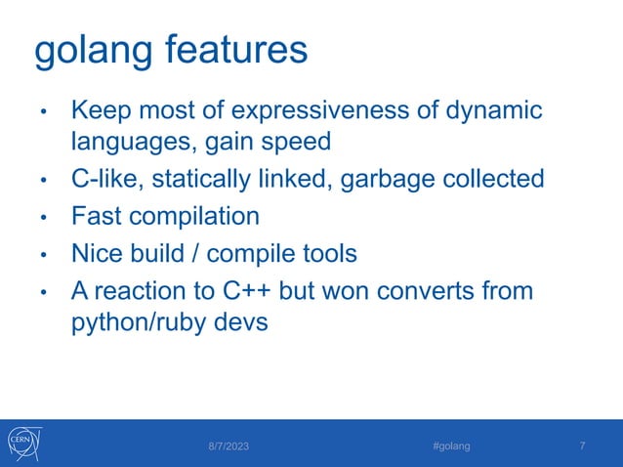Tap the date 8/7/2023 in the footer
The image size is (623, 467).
(228, 446)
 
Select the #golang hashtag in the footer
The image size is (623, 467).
(451, 446)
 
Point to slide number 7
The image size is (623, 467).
(583, 446)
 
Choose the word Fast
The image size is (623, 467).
(98, 216)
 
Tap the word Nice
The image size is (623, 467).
(99, 253)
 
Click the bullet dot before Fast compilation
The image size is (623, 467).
(43, 218)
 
